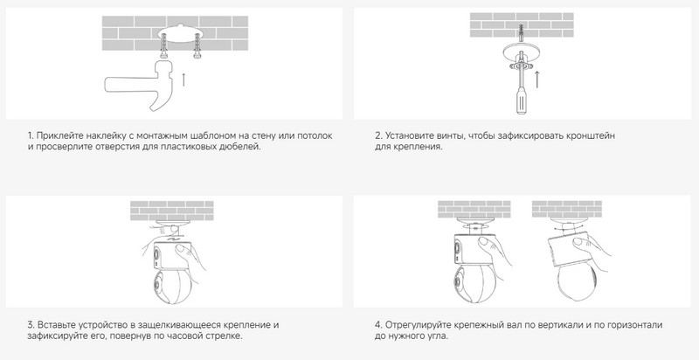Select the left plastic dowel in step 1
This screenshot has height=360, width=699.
[164, 48]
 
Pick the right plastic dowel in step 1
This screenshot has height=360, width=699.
[197, 48]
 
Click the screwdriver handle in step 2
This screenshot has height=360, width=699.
[520, 100]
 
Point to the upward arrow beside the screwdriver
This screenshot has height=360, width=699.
[537, 79]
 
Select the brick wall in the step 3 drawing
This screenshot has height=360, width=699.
[171, 211]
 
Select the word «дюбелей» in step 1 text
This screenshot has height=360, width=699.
[243, 147]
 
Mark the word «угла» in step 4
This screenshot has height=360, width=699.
[438, 336]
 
